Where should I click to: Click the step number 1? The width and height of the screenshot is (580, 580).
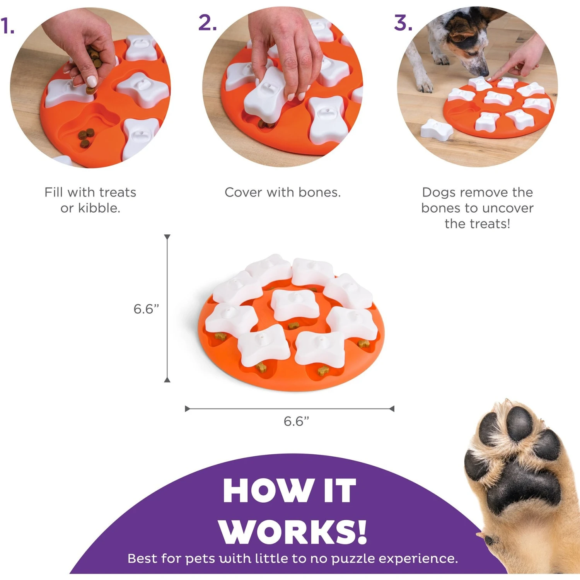point(7,27)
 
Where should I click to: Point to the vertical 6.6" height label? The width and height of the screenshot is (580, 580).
point(146,309)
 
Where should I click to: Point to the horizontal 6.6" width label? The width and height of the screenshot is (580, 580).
point(296,421)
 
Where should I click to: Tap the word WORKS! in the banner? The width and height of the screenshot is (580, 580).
point(293,532)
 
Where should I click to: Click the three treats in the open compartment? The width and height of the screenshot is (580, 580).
point(86,137)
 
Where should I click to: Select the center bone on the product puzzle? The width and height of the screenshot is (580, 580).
point(295,304)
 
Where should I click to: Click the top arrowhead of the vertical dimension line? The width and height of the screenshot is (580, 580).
point(167,237)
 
